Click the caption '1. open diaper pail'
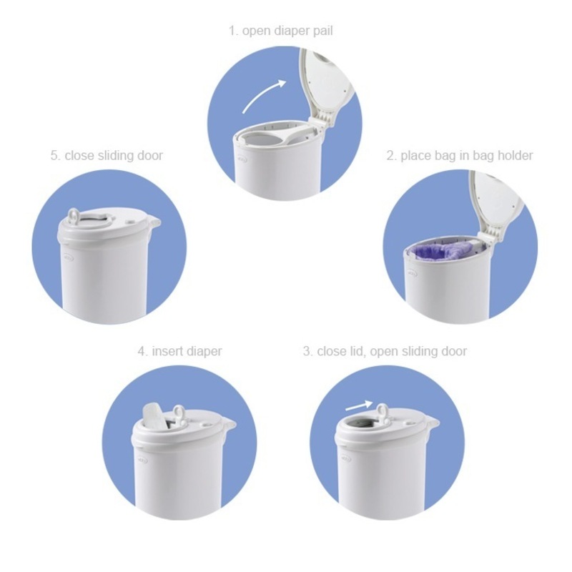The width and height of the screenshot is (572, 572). pos(281,31)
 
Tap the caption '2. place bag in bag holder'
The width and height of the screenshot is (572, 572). pos(460,155)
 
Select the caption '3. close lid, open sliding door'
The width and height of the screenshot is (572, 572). pos(385,351)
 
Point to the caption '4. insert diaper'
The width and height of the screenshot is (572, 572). pos(179,351)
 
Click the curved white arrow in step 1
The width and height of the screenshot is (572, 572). pos(263,96)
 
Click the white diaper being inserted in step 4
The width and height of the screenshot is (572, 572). pos(153,415)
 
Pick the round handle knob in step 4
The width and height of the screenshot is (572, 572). pos(177,412)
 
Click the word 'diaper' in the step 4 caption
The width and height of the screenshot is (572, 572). pos(204,351)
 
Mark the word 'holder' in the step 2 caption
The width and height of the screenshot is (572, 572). pos(516,155)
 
